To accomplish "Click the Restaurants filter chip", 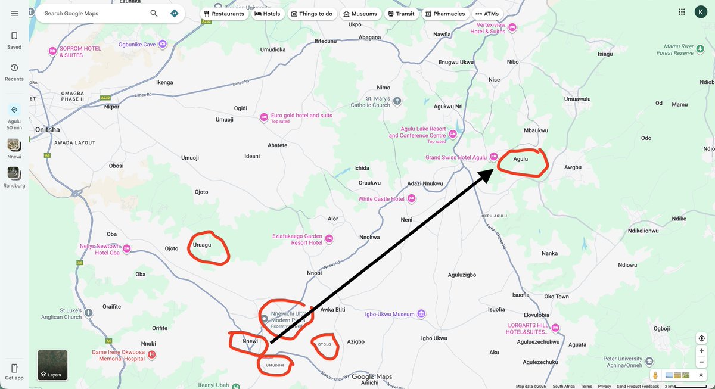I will pos(223,14).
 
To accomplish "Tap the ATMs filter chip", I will pos(487,14).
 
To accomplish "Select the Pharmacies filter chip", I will pos(444,14).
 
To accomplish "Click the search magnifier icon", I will pos(154,13).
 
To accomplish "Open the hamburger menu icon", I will pos(14,13).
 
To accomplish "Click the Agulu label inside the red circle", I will pos(520,159).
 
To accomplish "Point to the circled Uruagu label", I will pos(202,245).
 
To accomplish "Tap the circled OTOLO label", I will pos(325,344).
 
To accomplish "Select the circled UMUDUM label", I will pos(275,365).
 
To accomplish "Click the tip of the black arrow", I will pos(493,170).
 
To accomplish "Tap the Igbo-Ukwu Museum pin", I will pos(421,313).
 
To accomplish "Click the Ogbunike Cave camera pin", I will pos(163,43).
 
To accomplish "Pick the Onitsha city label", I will pos(47,129).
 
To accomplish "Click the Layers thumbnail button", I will pos(52,365).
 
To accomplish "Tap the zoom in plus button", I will pos(702,351).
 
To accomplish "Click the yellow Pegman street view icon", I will pos(655,375).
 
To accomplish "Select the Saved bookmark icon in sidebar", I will pos(14,36).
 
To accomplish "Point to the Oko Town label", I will pos(557,297).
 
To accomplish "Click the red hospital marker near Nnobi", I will pos(151,354).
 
